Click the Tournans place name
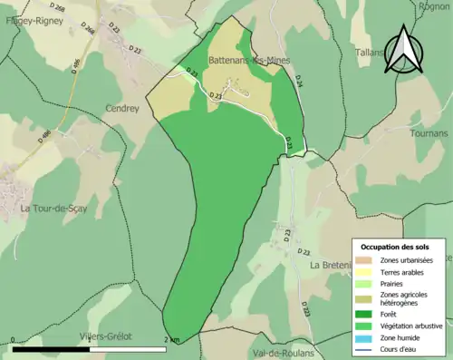point(429,133)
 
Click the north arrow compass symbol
point(402,51)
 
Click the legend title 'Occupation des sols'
point(395,247)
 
